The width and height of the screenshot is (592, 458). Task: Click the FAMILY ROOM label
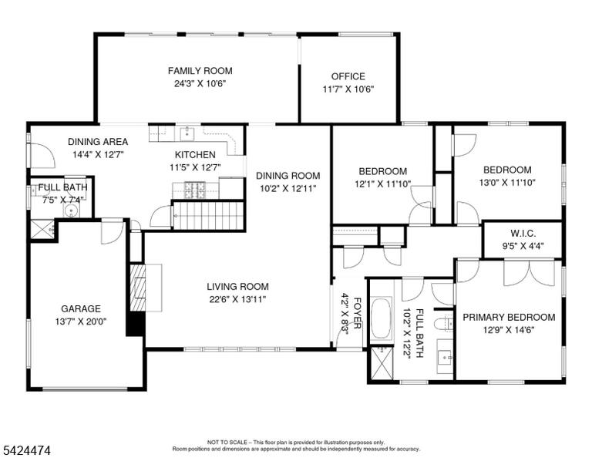click(x=200, y=71)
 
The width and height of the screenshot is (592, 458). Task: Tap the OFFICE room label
click(x=348, y=76)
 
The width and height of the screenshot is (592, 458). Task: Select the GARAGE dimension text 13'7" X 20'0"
click(x=81, y=322)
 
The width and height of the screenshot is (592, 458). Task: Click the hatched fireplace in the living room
click(x=138, y=288)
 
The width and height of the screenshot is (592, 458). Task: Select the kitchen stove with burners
click(x=195, y=190)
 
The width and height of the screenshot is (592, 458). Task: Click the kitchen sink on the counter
click(x=187, y=133)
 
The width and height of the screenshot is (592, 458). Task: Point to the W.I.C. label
click(x=523, y=234)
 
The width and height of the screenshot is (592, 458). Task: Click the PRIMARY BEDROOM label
click(x=509, y=317)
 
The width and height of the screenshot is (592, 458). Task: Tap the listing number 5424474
click(x=27, y=450)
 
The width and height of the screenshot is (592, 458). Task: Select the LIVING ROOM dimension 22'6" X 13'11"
click(x=238, y=299)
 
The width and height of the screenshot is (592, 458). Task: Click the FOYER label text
click(x=357, y=313)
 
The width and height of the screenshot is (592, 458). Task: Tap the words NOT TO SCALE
click(x=227, y=442)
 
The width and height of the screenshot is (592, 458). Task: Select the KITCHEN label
click(x=195, y=154)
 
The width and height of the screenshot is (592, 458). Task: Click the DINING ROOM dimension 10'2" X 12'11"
click(x=288, y=188)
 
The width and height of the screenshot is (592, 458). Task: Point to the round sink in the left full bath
click(x=71, y=210)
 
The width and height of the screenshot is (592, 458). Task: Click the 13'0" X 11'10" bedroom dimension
click(x=507, y=183)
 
